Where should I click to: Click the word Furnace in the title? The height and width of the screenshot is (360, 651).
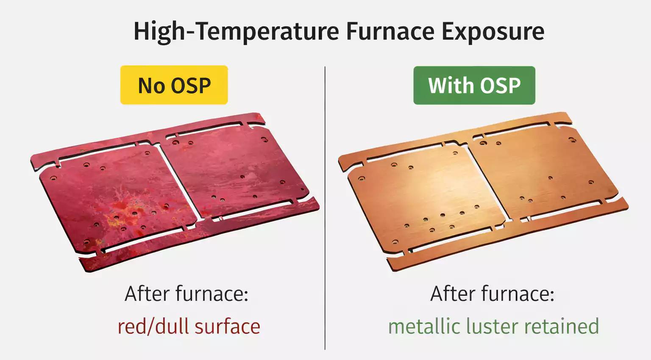[x=390, y=31]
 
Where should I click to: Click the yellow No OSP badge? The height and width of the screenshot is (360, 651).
[x=174, y=85]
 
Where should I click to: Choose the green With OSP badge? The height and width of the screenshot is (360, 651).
[x=474, y=85]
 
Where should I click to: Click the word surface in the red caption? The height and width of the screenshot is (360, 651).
[x=227, y=327]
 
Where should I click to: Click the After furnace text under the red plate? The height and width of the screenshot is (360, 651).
[x=186, y=294]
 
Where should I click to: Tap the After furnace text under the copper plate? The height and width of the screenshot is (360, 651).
[x=492, y=294]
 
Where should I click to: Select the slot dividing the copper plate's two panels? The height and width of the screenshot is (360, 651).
[x=487, y=182]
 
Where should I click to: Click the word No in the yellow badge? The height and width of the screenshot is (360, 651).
[x=151, y=86]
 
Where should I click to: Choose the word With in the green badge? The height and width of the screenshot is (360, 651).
[x=450, y=85]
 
